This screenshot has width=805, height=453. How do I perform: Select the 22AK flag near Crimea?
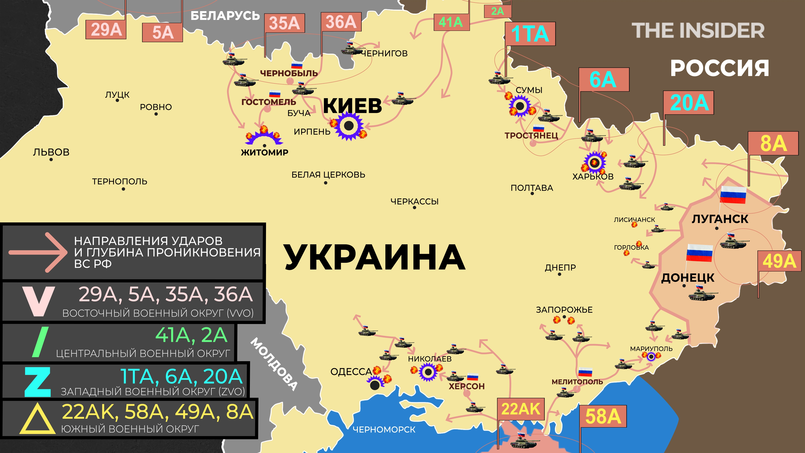tap(521, 409)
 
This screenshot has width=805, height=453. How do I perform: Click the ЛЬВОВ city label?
tap(51, 152)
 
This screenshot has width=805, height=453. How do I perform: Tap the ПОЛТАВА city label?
tap(532, 188)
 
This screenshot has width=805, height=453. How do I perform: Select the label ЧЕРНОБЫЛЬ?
tap(289, 73)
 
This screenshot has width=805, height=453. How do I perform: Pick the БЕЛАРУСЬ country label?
tap(225, 16)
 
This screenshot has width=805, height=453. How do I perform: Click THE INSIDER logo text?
tap(698, 30)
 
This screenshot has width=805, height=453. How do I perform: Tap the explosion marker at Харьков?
tap(594, 163)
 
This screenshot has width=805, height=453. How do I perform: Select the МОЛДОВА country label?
tap(274, 364)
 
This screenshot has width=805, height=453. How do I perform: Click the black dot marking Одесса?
tap(375, 385)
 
